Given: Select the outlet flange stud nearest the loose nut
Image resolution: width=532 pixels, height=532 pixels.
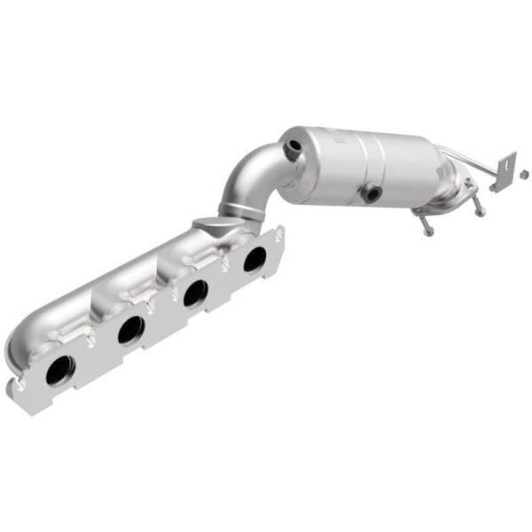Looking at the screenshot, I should point(480,210).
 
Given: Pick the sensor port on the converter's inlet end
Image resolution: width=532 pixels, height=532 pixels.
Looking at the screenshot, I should point(290,152).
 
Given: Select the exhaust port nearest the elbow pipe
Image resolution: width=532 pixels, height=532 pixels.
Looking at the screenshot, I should point(254,259).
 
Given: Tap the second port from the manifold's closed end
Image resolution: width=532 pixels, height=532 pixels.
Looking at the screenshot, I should point(130,330).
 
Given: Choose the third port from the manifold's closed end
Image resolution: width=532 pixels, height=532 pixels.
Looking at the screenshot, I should point(195,292).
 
